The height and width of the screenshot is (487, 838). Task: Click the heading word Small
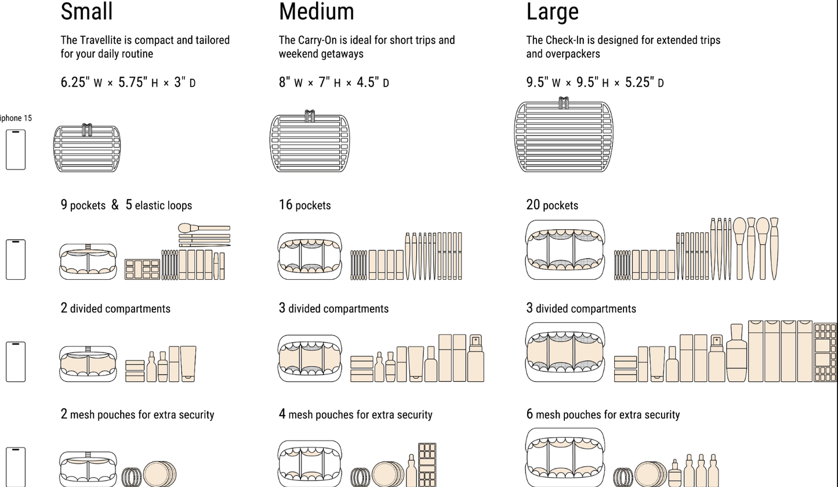(x=86, y=12)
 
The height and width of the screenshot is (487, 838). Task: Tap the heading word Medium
(x=316, y=12)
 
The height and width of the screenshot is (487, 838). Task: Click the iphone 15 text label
(x=16, y=118)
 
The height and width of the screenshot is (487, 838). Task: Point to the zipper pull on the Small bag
(x=87, y=130)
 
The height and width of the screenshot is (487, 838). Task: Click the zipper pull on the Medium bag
(x=310, y=116)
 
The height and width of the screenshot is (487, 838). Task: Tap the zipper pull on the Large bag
(x=563, y=103)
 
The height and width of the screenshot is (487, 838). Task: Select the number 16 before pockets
(x=285, y=205)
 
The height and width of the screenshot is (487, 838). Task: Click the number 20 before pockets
(x=533, y=205)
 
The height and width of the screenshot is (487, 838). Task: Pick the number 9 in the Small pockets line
(x=64, y=205)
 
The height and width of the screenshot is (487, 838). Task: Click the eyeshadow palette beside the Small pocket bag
(x=142, y=269)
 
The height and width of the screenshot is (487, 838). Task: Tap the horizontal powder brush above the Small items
(x=204, y=228)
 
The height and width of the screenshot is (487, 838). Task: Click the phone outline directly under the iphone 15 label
(x=16, y=150)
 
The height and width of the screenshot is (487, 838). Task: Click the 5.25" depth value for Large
(x=638, y=82)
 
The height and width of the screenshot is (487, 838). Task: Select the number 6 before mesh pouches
(x=529, y=414)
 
